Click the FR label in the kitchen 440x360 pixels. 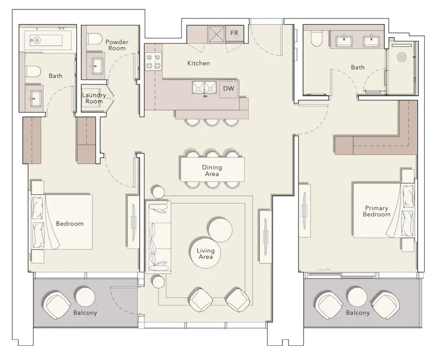click(234, 33)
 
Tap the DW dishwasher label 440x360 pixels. click(228, 88)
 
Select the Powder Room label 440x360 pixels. click(117, 45)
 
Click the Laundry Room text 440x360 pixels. click(94, 98)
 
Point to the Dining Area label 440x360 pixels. click(212, 171)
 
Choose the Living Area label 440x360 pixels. click(205, 253)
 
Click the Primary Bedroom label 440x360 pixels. click(376, 211)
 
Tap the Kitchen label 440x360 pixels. click(199, 63)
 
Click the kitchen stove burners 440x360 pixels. click(153, 62)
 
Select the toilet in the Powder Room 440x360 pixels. click(94, 39)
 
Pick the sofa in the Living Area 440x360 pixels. click(158, 237)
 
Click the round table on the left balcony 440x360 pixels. click(85, 296)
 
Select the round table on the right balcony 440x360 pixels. click(357, 296)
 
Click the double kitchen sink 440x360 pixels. click(204, 87)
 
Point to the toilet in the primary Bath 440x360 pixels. click(317, 38)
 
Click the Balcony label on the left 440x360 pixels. click(85, 313)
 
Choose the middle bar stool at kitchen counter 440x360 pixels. click(212, 122)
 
